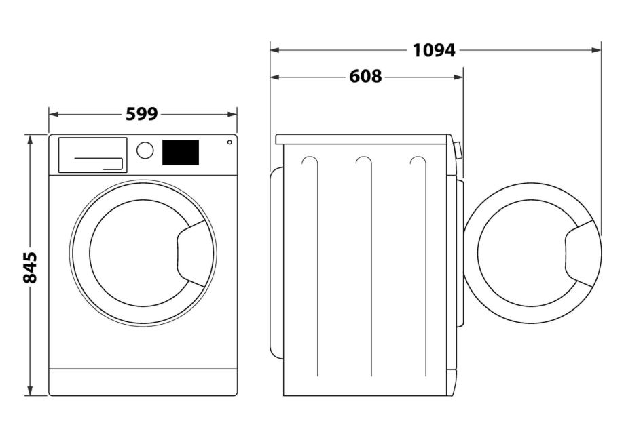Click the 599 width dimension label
[142, 114]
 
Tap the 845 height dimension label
[29, 267]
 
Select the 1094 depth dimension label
[434, 50]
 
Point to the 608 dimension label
[365, 77]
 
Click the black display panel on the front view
[180, 153]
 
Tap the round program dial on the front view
[145, 151]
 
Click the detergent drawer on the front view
[92, 155]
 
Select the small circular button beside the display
[230, 142]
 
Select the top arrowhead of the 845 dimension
[29, 138]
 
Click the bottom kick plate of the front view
[143, 382]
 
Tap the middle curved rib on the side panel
[363, 163]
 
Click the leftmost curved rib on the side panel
[309, 163]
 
